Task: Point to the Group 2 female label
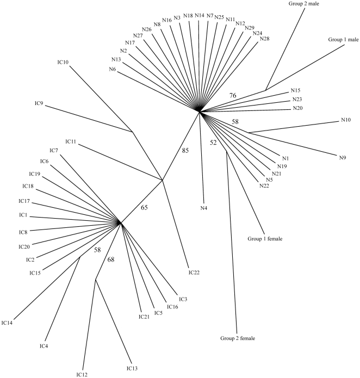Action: pyautogui.click(x=238, y=338)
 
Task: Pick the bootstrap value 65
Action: pyautogui.click(x=145, y=207)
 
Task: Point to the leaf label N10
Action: pyautogui.click(x=346, y=120)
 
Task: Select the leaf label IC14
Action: pyautogui.click(x=7, y=323)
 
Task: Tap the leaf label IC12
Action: pyautogui.click(x=82, y=374)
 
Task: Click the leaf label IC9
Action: pyautogui.click(x=37, y=103)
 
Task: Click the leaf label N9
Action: pyautogui.click(x=343, y=158)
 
